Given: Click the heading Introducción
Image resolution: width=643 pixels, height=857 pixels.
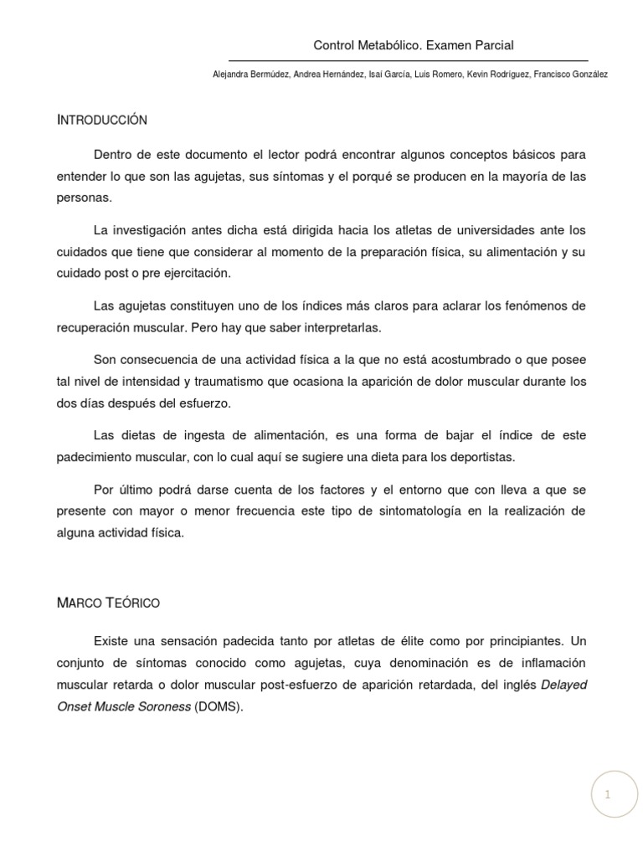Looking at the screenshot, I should pyautogui.click(x=102, y=120).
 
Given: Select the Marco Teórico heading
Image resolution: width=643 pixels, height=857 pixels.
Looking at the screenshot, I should pyautogui.click(x=108, y=603).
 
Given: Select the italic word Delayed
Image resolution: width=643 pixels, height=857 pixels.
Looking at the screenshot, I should pyautogui.click(x=564, y=685).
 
